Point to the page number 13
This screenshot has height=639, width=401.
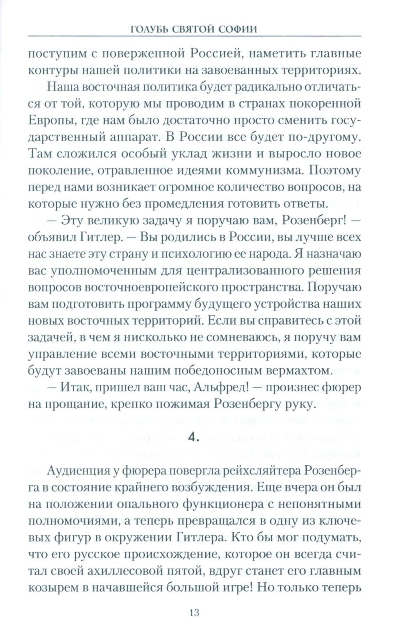click(x=194, y=612)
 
